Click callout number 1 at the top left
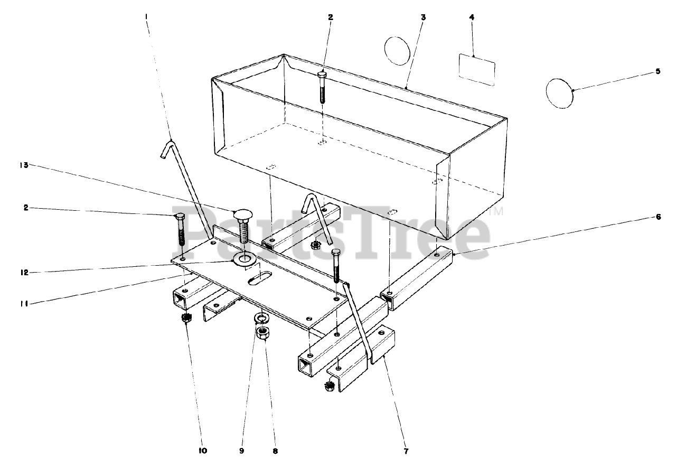click(x=146, y=17)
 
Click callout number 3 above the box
click(x=424, y=17)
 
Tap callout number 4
click(x=472, y=17)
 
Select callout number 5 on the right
click(x=658, y=71)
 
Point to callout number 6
click(x=658, y=217)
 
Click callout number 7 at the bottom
click(x=406, y=451)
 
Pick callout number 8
click(x=275, y=451)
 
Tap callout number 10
click(x=203, y=451)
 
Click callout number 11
click(x=24, y=304)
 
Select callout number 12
click(x=24, y=273)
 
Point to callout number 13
click(x=24, y=165)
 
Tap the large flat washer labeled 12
click(x=244, y=259)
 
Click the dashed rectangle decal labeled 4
click(x=477, y=70)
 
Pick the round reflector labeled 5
click(x=559, y=94)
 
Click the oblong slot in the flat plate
click(x=260, y=278)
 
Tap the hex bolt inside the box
click(x=322, y=88)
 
